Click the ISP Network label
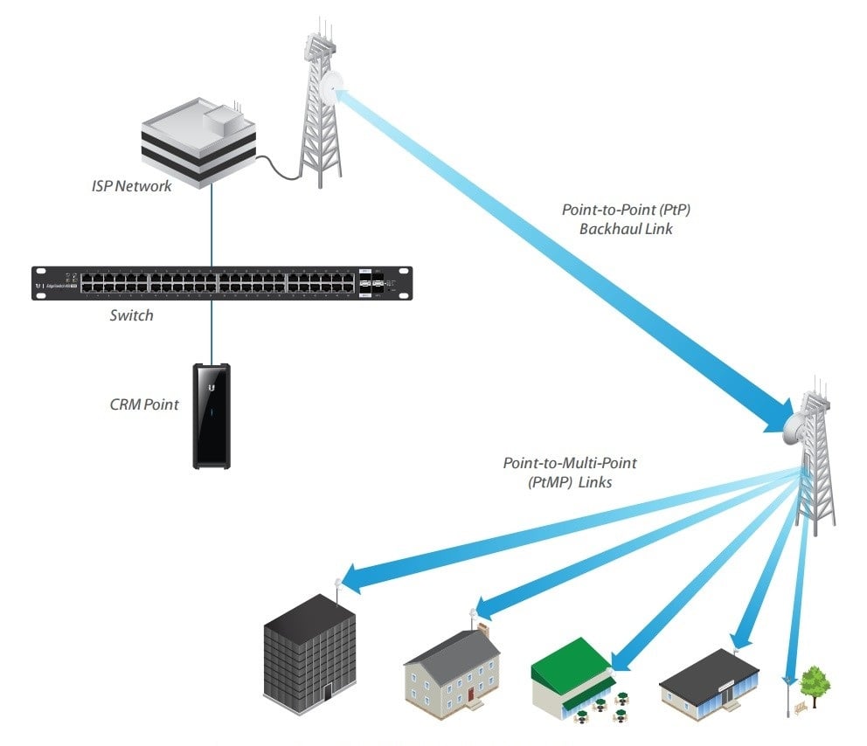tap(132, 185)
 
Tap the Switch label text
tap(131, 315)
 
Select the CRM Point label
tap(145, 404)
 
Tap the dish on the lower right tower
tap(797, 425)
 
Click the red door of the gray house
tap(469, 694)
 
